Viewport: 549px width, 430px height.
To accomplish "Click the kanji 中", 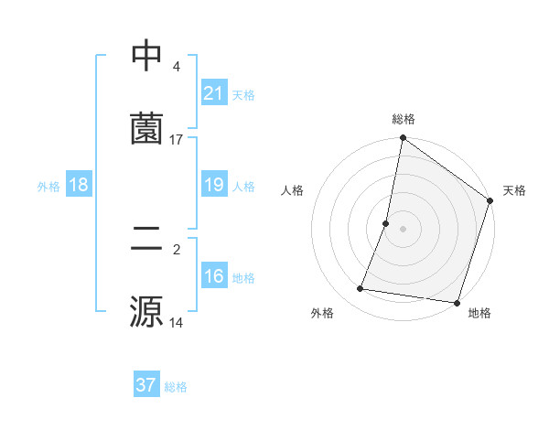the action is [146, 57].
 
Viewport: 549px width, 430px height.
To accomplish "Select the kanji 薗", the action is [146, 128].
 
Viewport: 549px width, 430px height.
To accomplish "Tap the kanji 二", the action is [146, 240].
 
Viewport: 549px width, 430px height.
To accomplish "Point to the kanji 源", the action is [146, 312].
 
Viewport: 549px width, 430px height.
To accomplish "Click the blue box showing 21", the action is [213, 93].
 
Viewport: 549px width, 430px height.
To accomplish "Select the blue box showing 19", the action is [213, 186].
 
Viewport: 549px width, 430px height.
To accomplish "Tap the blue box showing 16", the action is [213, 277].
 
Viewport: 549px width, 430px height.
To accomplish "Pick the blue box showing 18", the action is [79, 186].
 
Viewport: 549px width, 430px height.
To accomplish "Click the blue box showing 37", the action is [146, 385].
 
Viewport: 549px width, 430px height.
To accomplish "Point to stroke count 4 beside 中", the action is [176, 67].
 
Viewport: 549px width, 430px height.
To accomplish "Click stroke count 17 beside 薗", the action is [177, 139].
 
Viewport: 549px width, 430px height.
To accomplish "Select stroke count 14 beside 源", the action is [177, 323].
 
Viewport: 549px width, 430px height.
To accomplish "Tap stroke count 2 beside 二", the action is [176, 248].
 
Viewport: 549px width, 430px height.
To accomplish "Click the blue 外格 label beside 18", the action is [48, 187].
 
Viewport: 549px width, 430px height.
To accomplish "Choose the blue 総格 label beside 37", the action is [176, 387].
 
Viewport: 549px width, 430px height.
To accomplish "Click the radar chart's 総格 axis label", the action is [404, 119].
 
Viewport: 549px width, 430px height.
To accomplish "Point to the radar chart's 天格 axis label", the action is [514, 190].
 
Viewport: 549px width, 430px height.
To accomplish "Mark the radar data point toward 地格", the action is [457, 302].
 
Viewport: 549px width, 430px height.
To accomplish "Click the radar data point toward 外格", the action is [361, 289].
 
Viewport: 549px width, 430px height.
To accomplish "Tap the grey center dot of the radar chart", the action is [404, 228].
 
